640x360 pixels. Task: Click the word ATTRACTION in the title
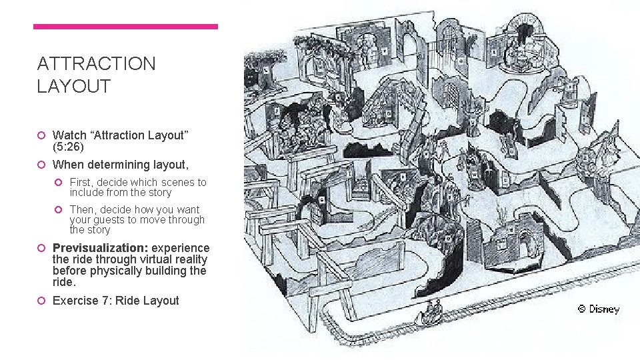pyautogui.click(x=97, y=64)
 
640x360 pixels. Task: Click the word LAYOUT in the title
pyautogui.click(x=74, y=86)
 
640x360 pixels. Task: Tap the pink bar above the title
pyautogui.click(x=125, y=27)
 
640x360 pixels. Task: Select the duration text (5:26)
pyautogui.click(x=68, y=147)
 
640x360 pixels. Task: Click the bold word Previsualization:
pyautogui.click(x=100, y=247)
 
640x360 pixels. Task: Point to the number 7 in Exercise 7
pyautogui.click(x=107, y=301)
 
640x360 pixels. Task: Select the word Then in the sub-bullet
pyautogui.click(x=83, y=209)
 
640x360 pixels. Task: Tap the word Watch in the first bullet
pyautogui.click(x=69, y=135)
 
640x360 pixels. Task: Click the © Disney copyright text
pyautogui.click(x=598, y=309)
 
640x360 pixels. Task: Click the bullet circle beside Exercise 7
pyautogui.click(x=43, y=301)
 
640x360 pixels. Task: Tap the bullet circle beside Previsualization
pyautogui.click(x=43, y=247)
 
